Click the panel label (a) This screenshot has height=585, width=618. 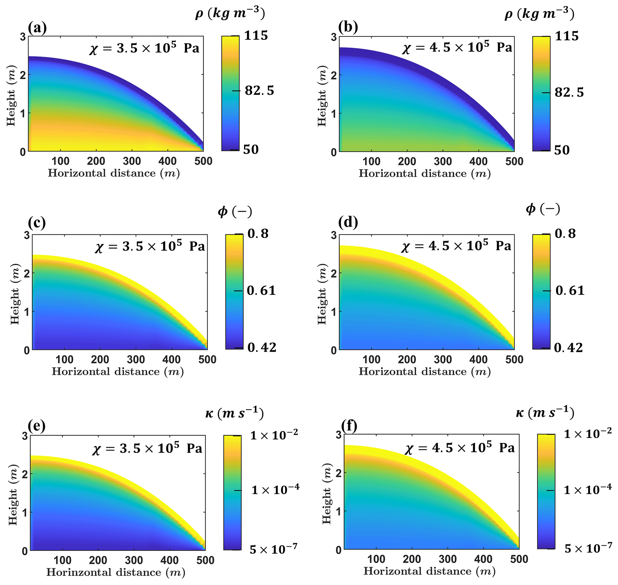pyautogui.click(x=37, y=28)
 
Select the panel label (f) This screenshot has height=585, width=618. pyautogui.click(x=349, y=426)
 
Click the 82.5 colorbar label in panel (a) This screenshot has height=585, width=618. pyautogui.click(x=259, y=91)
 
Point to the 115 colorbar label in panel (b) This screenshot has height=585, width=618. pyautogui.click(x=567, y=36)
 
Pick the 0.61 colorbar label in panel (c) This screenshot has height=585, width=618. pyautogui.click(x=261, y=291)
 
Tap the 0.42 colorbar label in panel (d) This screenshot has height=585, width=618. pyautogui.click(x=568, y=348)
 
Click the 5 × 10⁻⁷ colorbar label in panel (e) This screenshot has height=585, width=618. pyautogui.click(x=274, y=549)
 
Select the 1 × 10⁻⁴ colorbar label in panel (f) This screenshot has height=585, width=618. pyautogui.click(x=588, y=490)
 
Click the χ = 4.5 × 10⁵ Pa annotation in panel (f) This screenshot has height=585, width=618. pyautogui.click(x=460, y=448)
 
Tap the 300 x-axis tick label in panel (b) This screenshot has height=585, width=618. pyautogui.click(x=443, y=162)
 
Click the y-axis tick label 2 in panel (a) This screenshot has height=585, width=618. pyautogui.click(x=23, y=75)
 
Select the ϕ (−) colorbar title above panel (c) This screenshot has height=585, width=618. pyautogui.click(x=234, y=212)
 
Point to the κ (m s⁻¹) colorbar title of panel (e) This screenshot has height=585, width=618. pyautogui.click(x=234, y=413)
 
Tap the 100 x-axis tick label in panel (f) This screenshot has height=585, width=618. pyautogui.click(x=376, y=559)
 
